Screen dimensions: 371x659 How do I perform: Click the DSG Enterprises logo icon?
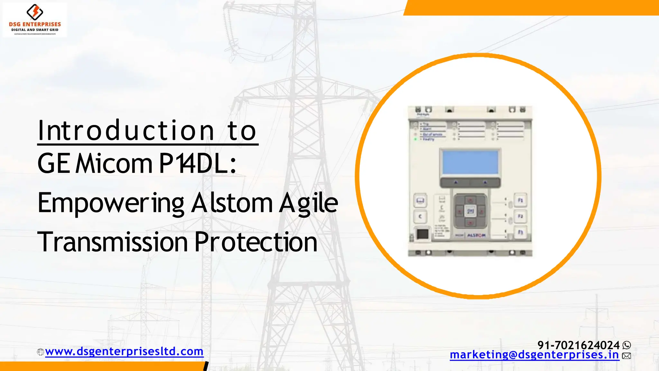(x=34, y=12)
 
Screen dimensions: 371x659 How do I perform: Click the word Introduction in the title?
(x=126, y=131)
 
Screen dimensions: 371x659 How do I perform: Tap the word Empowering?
(x=111, y=203)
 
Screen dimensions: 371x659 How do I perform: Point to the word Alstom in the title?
(x=232, y=203)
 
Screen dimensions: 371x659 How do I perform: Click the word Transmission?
(x=112, y=242)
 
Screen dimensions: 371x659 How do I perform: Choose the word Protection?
(x=256, y=242)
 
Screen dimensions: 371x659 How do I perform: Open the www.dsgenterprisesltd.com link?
(x=124, y=351)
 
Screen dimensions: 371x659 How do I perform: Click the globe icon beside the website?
(x=41, y=352)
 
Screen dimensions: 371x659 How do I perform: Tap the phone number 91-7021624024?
(x=578, y=345)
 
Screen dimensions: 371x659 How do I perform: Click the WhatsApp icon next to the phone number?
(x=627, y=345)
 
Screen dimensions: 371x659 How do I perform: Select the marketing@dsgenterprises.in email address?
(x=534, y=355)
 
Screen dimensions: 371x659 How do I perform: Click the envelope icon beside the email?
(x=627, y=356)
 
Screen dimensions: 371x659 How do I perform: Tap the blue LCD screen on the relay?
(x=470, y=162)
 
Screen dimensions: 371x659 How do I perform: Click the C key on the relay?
(x=420, y=217)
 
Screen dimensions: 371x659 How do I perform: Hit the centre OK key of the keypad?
(x=470, y=211)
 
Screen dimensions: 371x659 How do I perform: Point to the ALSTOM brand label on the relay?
(x=476, y=235)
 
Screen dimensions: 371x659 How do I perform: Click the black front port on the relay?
(x=422, y=233)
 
